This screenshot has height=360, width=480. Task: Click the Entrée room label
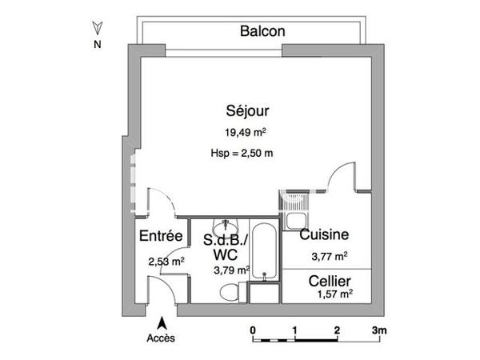[162, 236]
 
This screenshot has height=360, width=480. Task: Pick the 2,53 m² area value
[166, 261]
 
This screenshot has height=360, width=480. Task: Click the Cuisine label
[324, 235]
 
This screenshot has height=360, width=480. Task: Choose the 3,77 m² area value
[329, 257]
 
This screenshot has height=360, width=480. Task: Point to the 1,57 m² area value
[334, 294]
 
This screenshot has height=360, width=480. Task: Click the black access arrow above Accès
[162, 323]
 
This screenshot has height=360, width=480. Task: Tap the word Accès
[161, 338]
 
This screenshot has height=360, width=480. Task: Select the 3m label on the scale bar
[378, 330]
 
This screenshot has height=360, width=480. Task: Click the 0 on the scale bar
[253, 330]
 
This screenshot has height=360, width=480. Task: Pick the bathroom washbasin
[228, 226]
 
